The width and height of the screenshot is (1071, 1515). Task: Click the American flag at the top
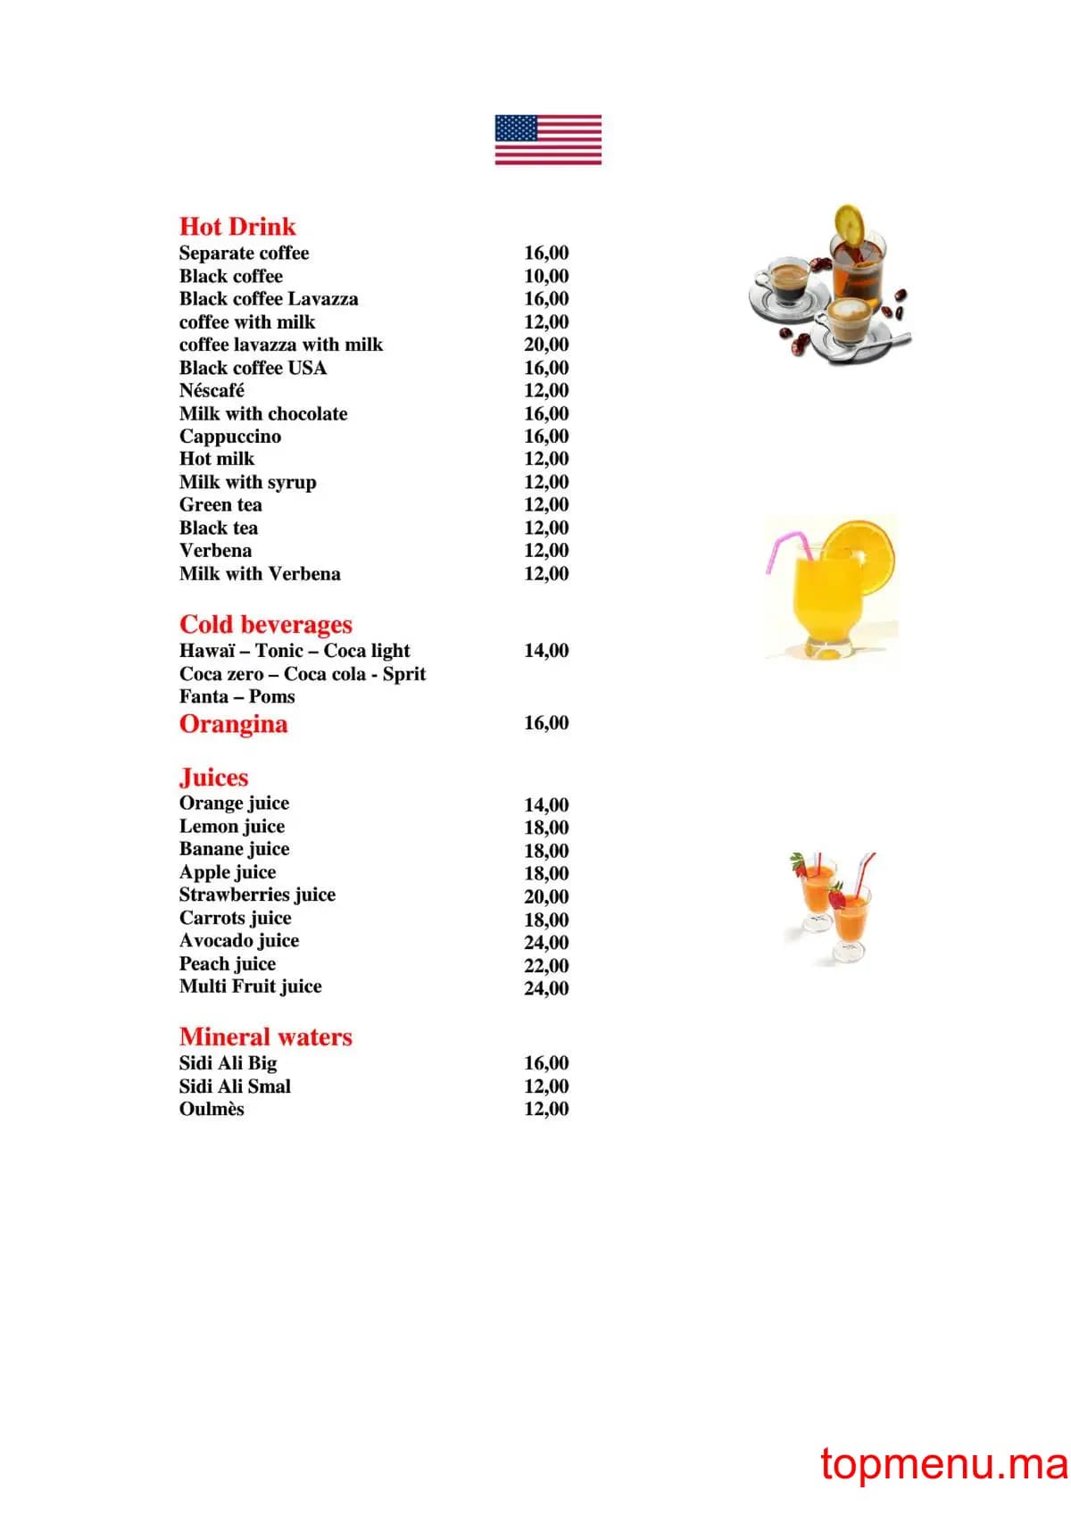[548, 139]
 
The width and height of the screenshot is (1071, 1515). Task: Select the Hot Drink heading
[237, 227]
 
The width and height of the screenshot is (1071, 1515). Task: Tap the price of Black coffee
[546, 277]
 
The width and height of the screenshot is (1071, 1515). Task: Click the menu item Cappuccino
[230, 437]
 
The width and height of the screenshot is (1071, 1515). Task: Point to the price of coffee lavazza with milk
[546, 345]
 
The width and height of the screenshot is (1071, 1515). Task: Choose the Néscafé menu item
[212, 391]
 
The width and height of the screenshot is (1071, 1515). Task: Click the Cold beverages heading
[266, 624]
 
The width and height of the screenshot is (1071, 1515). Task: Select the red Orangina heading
[234, 724]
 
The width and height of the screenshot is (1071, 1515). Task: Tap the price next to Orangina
[546, 723]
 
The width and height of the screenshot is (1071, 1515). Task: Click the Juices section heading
[214, 778]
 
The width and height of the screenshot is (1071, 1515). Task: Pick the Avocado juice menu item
[239, 941]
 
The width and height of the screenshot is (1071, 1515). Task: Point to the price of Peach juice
[546, 966]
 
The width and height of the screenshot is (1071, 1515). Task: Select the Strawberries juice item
[257, 895]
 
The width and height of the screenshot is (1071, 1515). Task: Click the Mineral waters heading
[266, 1037]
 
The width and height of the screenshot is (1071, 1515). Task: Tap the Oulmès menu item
[212, 1110]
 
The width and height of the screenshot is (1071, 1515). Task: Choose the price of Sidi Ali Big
[546, 1063]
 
